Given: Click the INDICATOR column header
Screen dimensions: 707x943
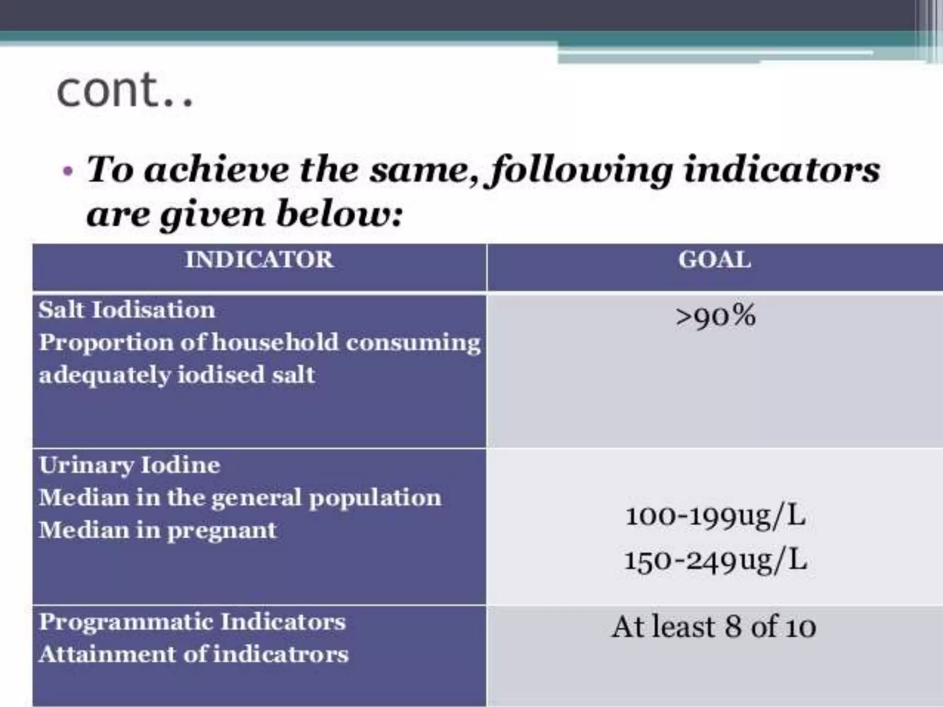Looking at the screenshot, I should (259, 259).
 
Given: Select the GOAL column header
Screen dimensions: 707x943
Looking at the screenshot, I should (715, 259).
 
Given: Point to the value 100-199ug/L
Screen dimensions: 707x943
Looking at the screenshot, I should (715, 516).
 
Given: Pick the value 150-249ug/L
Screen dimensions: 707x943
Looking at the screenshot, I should (715, 561).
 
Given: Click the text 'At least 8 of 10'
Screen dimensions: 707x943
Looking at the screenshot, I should (714, 627).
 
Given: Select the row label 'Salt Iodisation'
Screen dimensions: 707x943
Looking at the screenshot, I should (127, 309).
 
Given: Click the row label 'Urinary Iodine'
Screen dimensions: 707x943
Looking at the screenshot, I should (129, 465).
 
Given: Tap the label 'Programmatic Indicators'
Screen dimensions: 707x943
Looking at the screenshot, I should (192, 622).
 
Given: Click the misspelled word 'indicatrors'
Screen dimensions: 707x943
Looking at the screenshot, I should (281, 654).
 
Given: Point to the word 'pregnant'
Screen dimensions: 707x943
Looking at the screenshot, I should (222, 530).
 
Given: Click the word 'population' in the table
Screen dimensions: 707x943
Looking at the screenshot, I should (375, 498).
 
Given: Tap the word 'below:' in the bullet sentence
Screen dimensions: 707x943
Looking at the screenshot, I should (339, 214).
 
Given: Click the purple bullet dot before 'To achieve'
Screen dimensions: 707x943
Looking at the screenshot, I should (68, 171).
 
